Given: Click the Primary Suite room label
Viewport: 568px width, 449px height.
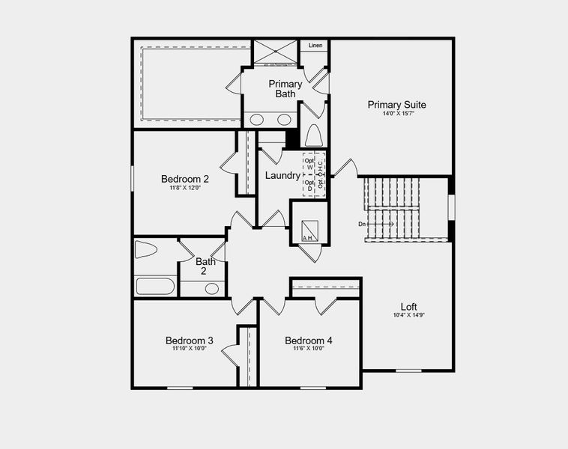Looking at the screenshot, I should (x=396, y=105).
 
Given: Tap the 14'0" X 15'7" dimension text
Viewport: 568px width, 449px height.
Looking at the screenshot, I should (x=396, y=114).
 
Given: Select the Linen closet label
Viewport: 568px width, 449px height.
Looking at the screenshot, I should (x=315, y=46).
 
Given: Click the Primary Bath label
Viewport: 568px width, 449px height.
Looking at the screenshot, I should (x=285, y=88).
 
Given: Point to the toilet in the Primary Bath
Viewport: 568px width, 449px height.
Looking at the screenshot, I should (x=313, y=135).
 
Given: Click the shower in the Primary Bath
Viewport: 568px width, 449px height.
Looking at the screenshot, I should (x=275, y=52).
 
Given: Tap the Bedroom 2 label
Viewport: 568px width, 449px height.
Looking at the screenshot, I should (x=184, y=179).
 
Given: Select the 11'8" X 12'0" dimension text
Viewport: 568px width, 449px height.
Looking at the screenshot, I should (x=184, y=188).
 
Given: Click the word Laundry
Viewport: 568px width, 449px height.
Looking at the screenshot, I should (x=283, y=176).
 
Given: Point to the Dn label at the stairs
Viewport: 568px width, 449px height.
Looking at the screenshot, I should (x=363, y=224).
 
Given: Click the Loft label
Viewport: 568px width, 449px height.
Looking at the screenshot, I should (x=408, y=306).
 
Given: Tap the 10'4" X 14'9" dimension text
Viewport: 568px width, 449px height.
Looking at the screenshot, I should (x=408, y=315).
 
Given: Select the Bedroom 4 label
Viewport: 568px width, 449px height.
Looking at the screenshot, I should (x=309, y=340).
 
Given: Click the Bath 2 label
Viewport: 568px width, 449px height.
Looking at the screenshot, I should (x=205, y=266).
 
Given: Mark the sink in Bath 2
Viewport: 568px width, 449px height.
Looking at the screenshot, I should (x=211, y=288).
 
